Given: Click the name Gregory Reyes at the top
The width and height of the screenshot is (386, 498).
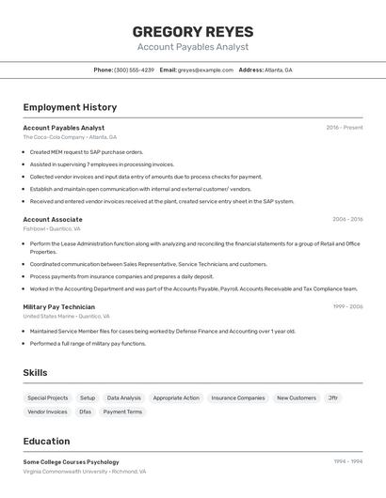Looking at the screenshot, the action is click(x=192, y=32).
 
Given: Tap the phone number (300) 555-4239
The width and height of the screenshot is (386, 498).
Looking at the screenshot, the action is click(x=134, y=70).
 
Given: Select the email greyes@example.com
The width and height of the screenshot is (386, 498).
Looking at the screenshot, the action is click(x=206, y=70).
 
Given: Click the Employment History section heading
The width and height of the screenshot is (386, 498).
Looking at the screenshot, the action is click(x=70, y=107).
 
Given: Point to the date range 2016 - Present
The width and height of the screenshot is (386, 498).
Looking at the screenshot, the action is click(x=345, y=128).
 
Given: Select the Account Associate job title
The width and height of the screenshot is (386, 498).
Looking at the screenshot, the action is click(x=53, y=219).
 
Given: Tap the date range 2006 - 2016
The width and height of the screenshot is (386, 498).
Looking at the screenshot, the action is click(x=347, y=219).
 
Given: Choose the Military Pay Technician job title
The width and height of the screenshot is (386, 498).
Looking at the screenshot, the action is click(x=58, y=306).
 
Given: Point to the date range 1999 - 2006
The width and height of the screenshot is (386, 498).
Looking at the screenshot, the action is click(x=347, y=306).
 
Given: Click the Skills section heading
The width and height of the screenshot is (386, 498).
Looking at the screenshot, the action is click(x=35, y=373).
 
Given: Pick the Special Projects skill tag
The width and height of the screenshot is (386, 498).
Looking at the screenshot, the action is click(x=48, y=398).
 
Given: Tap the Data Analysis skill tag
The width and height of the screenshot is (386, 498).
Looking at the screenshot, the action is click(x=124, y=398).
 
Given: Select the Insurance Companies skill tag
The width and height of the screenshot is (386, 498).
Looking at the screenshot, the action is click(x=238, y=398).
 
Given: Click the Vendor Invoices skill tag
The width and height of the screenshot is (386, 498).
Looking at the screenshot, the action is click(x=48, y=412).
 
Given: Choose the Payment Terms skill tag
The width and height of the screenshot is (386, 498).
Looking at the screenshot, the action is click(x=122, y=412).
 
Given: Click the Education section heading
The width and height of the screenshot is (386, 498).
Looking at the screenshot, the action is click(x=46, y=442).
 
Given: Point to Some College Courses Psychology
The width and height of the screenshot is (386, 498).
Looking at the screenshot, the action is click(x=71, y=462).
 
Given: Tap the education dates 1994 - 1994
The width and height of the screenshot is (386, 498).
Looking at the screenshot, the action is click(x=347, y=462).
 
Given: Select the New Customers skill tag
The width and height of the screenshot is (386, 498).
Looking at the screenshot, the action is click(x=297, y=398).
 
